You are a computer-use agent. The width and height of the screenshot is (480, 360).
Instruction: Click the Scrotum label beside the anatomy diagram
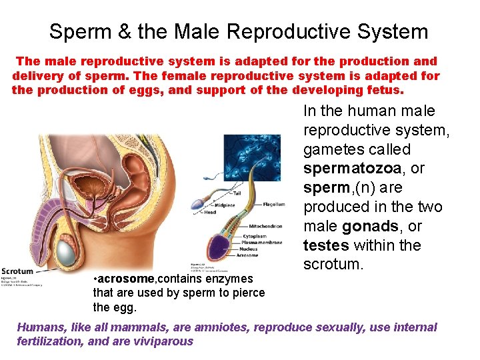(18, 271)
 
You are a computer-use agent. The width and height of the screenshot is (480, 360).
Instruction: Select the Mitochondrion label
(265, 226)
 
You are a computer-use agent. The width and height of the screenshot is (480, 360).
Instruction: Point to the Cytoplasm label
(255, 236)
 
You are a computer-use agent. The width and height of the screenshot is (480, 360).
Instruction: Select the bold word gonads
(365, 226)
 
